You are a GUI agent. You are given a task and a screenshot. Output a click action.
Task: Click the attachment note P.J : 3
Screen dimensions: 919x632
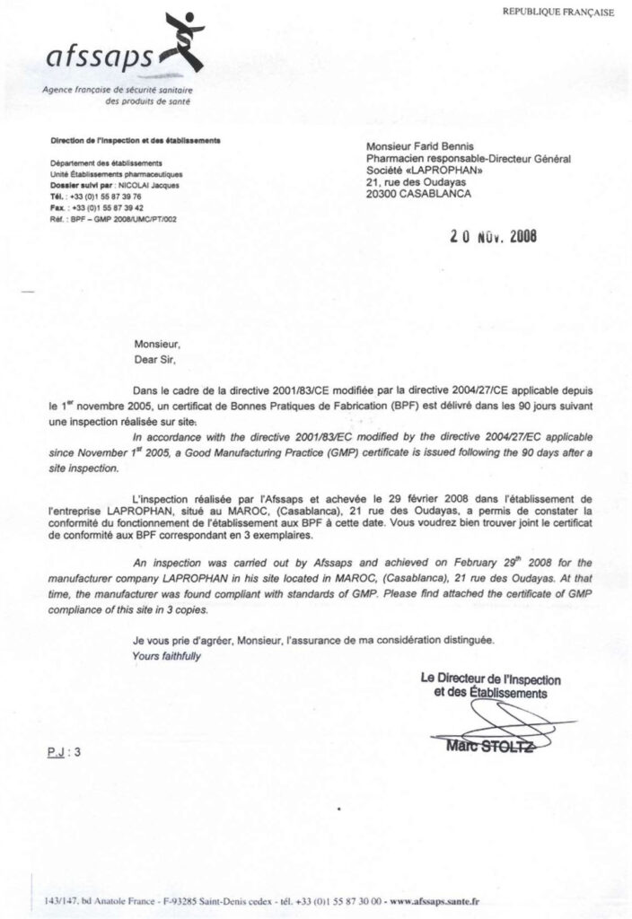point(65,752)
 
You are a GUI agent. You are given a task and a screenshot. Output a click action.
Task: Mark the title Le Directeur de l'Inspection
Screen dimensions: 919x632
point(491,678)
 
